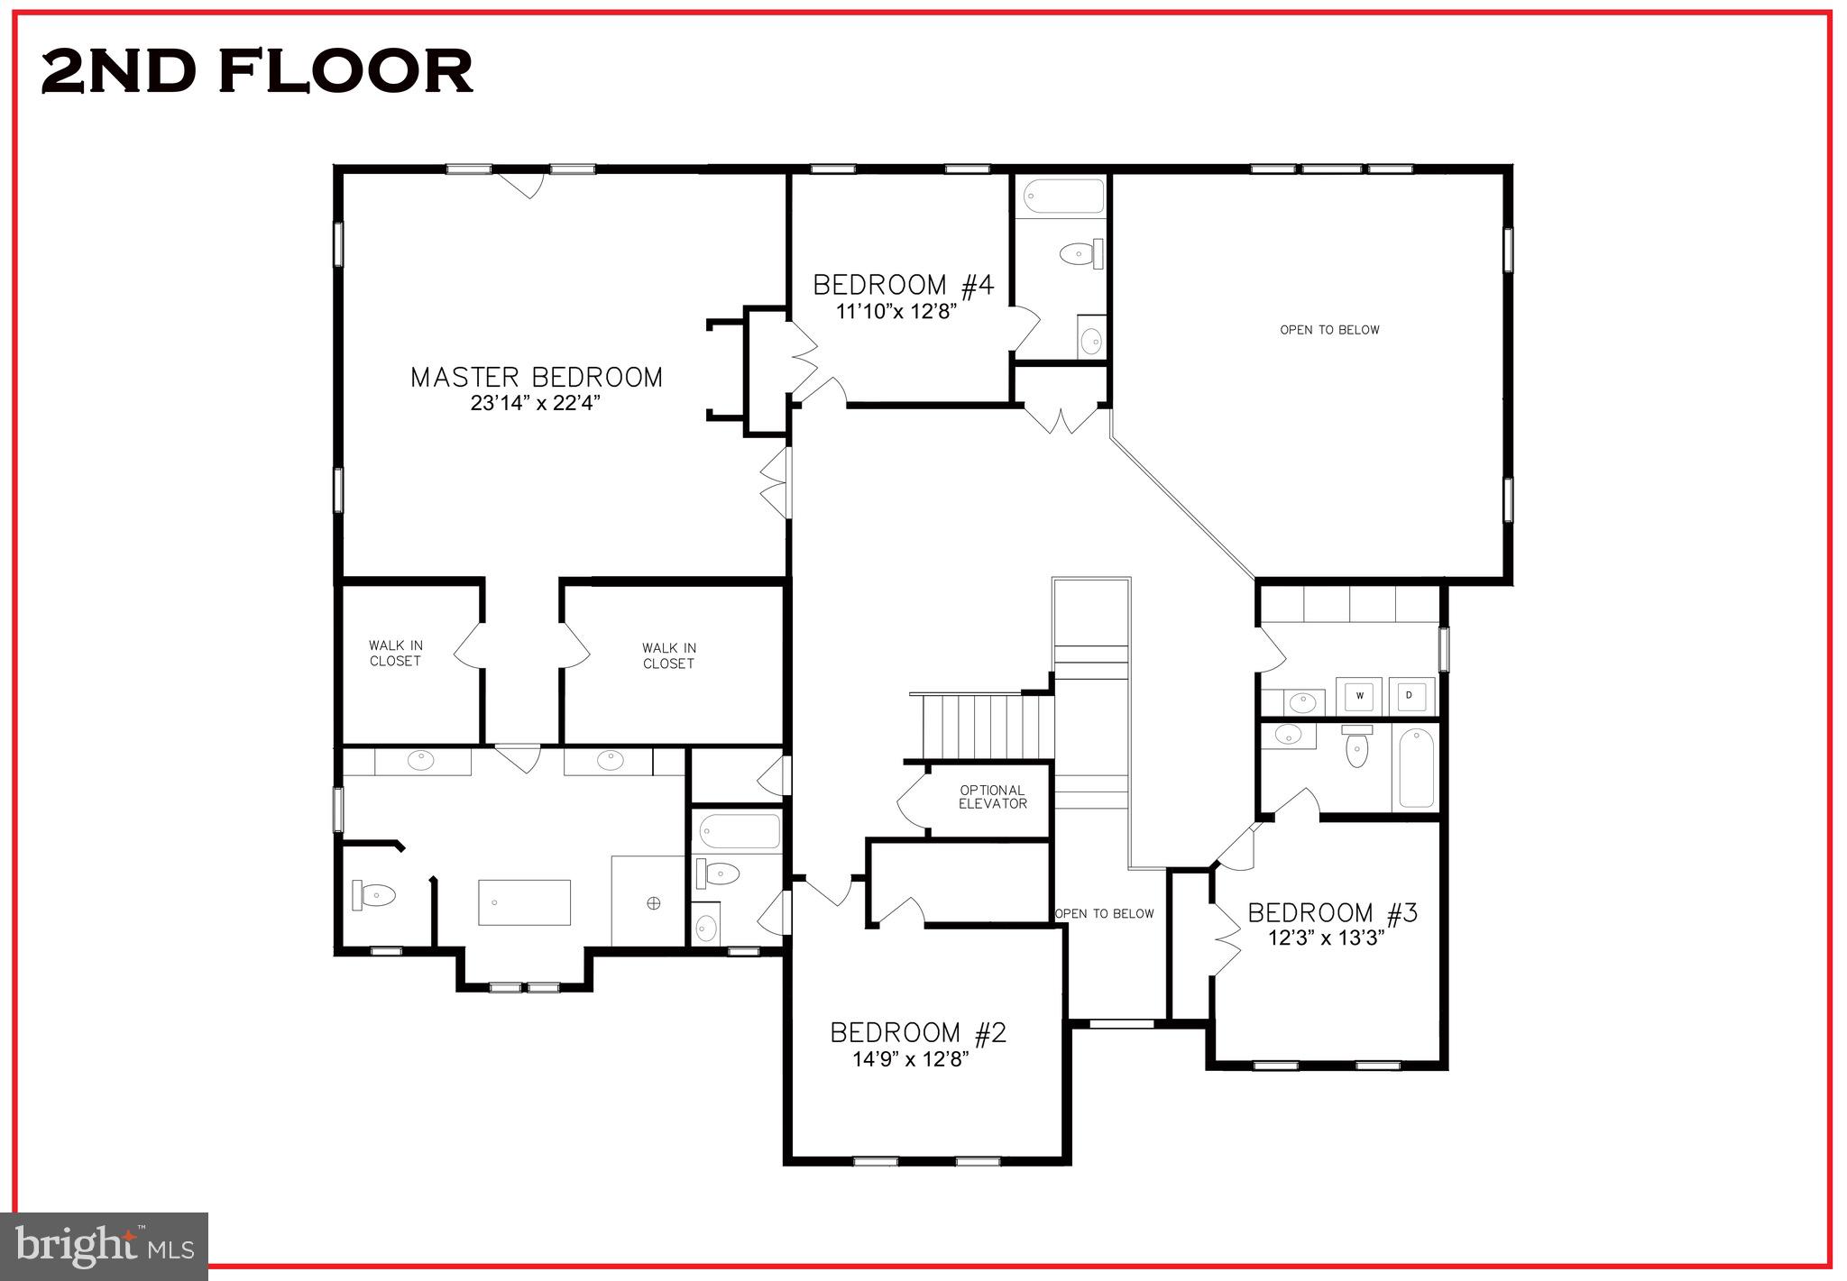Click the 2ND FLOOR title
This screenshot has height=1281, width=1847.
(x=257, y=71)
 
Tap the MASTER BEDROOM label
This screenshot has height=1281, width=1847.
(x=537, y=377)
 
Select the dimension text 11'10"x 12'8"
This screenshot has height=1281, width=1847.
(x=896, y=312)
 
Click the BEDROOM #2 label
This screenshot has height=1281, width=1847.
(x=918, y=1032)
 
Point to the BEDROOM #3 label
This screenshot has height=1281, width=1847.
(x=1332, y=913)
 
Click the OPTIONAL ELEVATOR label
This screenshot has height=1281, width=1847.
(x=992, y=797)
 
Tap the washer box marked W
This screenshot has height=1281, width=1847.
(x=1358, y=695)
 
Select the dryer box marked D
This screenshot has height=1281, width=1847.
(x=1409, y=695)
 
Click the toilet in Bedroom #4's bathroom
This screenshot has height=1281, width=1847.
(x=1081, y=254)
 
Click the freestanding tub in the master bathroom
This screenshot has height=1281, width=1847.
(x=524, y=902)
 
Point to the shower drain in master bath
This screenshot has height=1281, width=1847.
(x=654, y=902)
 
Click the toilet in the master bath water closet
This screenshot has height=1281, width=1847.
(x=374, y=895)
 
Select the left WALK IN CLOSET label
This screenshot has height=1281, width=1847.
(x=395, y=653)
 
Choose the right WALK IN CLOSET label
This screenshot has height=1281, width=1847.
(x=668, y=655)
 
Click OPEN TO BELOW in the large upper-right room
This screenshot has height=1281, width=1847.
(x=1329, y=330)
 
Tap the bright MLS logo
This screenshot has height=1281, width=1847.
(x=105, y=1246)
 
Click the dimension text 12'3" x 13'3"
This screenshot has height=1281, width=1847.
(x=1326, y=938)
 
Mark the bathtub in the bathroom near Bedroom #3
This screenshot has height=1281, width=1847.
(x=1415, y=768)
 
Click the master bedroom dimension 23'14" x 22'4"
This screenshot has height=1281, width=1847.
(x=535, y=403)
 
